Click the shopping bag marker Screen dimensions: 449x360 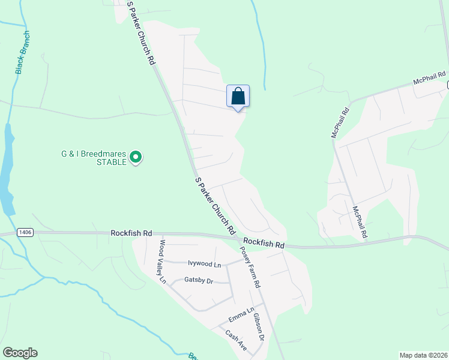[238, 96]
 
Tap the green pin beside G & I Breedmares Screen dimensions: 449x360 [136, 158]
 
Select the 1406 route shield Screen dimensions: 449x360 [25, 232]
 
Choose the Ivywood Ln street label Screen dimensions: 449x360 [204, 264]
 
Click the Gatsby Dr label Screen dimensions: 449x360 [199, 280]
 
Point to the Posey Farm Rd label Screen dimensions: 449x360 [250, 268]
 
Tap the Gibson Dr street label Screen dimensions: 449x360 [258, 327]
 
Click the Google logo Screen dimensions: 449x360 [20, 353]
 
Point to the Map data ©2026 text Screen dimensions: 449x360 [423, 355]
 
